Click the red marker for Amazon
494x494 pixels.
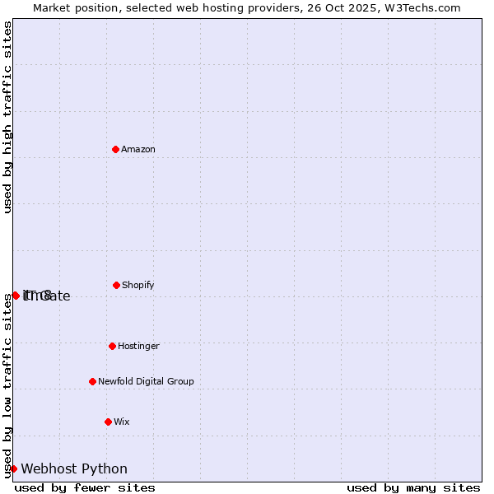[x=116, y=149]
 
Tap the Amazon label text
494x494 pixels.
[x=138, y=149]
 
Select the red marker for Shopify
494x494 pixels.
[x=116, y=285]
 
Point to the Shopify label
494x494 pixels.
[x=138, y=285]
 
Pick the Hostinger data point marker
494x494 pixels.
[x=112, y=346]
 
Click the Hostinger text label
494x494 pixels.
[x=138, y=346]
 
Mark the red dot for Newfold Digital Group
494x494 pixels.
[x=92, y=381]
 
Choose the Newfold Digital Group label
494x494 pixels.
[x=146, y=381]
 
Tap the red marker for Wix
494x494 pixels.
[x=108, y=422]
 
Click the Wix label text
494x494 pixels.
[x=122, y=422]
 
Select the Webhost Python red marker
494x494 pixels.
[x=13, y=468]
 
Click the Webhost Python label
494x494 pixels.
[x=74, y=468]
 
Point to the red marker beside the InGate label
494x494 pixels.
[x=16, y=295]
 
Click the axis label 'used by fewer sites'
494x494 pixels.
[x=85, y=487]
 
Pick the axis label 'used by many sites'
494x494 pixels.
[x=413, y=487]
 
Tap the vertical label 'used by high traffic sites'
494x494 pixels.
[x=7, y=118]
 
